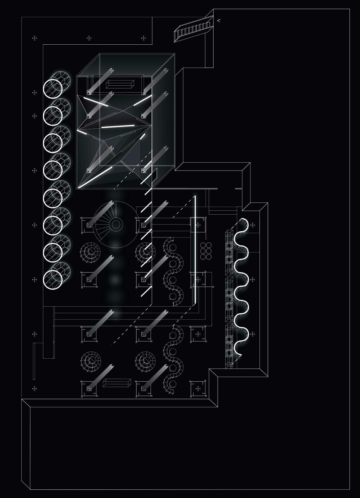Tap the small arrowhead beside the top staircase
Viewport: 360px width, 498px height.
click(x=219, y=20)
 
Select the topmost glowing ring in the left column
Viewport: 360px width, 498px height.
click(x=53, y=89)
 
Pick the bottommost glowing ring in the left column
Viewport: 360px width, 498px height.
click(x=53, y=280)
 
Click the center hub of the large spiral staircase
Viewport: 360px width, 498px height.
click(x=116, y=224)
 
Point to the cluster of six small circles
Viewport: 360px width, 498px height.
click(x=206, y=251)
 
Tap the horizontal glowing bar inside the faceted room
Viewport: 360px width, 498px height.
click(x=118, y=126)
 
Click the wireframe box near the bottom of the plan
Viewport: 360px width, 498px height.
click(x=117, y=383)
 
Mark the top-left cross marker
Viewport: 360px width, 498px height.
click(x=34, y=38)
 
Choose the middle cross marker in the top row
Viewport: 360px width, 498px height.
click(x=89, y=38)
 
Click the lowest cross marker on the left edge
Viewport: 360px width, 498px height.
click(x=34, y=389)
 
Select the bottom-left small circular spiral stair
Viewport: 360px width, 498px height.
click(x=91, y=361)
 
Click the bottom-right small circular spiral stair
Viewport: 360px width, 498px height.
click(x=145, y=361)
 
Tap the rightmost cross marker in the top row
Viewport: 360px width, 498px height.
click(x=144, y=38)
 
